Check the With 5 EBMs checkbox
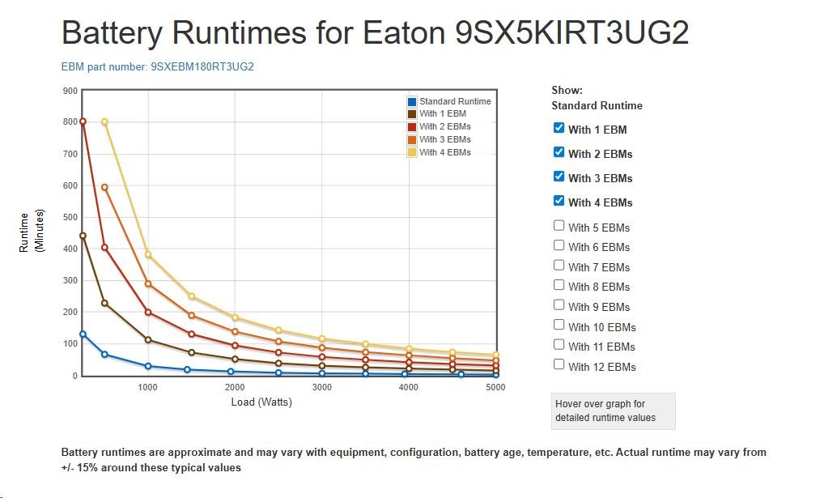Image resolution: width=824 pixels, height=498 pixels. pyautogui.click(x=559, y=226)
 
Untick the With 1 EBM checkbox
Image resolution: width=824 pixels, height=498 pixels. pyautogui.click(x=559, y=128)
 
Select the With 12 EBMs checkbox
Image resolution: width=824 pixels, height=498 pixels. pyautogui.click(x=559, y=365)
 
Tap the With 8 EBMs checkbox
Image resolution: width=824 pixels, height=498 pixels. pyautogui.click(x=559, y=285)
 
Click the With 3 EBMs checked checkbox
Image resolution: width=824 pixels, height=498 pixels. pyautogui.click(x=559, y=177)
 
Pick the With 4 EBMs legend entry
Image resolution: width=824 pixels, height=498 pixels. pyautogui.click(x=444, y=152)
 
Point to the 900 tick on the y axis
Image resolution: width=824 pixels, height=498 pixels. pyautogui.click(x=70, y=91)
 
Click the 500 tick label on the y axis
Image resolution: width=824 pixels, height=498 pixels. pyautogui.click(x=70, y=217)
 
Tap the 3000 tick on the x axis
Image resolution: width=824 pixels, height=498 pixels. pyautogui.click(x=321, y=387)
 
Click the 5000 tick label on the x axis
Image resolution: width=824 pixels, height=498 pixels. pyautogui.click(x=495, y=387)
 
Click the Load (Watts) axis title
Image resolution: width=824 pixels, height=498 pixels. pyautogui.click(x=261, y=402)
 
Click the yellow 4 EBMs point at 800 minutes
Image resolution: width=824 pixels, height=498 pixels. pyautogui.click(x=104, y=122)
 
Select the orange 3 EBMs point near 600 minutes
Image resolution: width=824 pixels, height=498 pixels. pyautogui.click(x=104, y=187)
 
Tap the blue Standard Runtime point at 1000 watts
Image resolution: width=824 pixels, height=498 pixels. pyautogui.click(x=148, y=366)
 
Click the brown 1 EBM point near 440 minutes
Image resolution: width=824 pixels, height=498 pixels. pyautogui.click(x=83, y=236)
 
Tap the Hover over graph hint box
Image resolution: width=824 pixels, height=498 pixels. pyautogui.click(x=613, y=411)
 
